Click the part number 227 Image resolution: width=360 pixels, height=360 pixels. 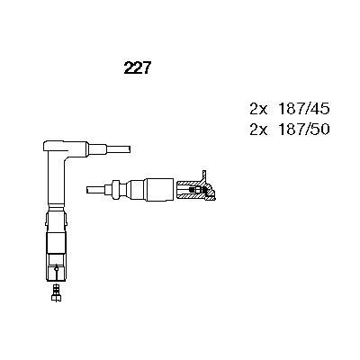click(136, 67)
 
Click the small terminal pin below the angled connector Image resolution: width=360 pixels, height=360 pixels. click(57, 290)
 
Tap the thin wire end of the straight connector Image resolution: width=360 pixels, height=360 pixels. click(96, 189)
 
